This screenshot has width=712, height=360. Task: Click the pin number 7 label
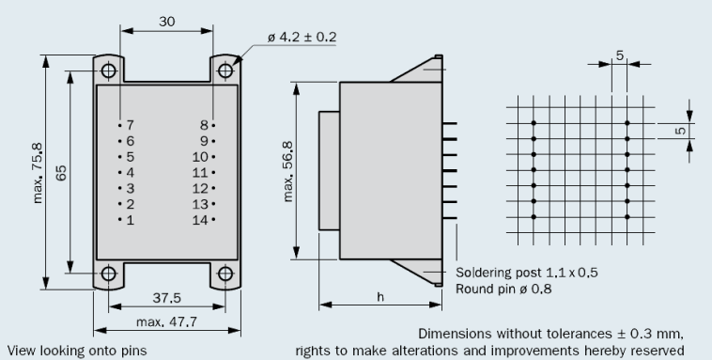pos(131,125)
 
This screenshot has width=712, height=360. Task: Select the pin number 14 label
pos(200,220)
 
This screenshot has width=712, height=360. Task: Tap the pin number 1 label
pos(131,220)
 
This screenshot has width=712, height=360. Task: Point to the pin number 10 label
pos(200,157)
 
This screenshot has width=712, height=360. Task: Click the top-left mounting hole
pos(109,70)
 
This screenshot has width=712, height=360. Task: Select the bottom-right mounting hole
pos(225,274)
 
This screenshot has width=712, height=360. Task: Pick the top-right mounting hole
pos(225,70)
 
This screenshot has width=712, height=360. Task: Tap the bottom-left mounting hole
pos(109,274)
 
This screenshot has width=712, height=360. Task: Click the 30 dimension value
pos(166,22)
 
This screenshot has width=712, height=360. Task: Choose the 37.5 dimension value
pos(166,298)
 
